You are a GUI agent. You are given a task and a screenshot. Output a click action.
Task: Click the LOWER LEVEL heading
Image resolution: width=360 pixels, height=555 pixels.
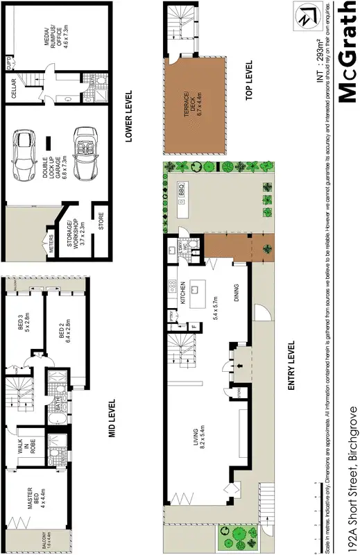coord(129,117)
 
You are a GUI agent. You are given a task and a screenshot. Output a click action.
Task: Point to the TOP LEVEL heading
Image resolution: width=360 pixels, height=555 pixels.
coord(251,81)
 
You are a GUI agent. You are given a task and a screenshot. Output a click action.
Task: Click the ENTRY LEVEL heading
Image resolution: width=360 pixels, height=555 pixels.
coord(291,365)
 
